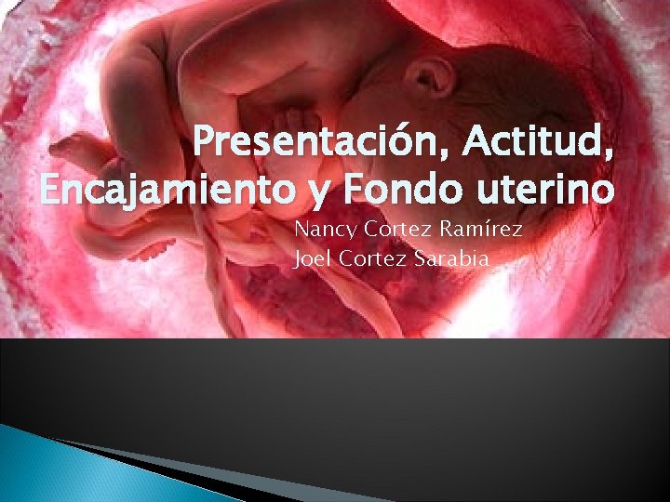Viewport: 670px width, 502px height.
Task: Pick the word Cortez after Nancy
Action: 390,230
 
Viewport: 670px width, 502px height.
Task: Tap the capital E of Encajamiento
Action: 53,192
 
